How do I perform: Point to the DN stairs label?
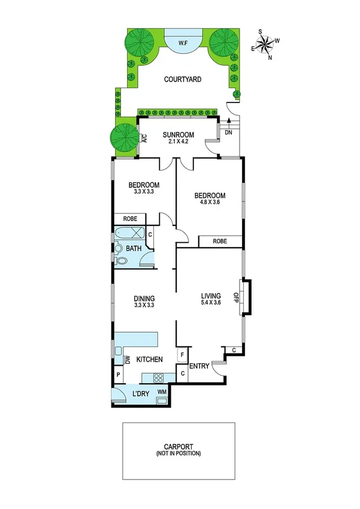click(228, 133)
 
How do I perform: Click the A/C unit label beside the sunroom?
click(145, 137)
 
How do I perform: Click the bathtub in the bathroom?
click(131, 234)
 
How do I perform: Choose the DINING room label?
click(144, 298)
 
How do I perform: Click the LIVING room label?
click(211, 296)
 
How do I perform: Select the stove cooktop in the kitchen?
click(160, 378)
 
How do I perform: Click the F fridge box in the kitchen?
click(182, 356)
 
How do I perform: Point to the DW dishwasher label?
click(128, 360)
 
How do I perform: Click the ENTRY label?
click(198, 366)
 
